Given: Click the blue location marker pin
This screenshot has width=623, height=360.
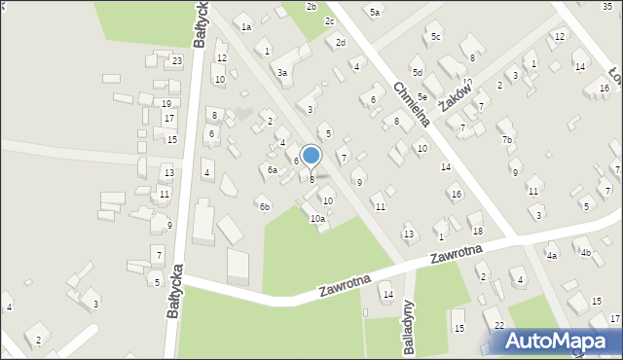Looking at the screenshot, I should click(x=311, y=157).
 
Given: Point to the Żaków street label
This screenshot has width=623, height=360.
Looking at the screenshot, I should click(x=454, y=97).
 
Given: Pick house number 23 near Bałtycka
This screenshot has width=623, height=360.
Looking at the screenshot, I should click(x=176, y=61).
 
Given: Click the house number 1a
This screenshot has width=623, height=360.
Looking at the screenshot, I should click(x=246, y=27).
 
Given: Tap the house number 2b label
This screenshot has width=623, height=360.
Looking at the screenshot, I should click(x=311, y=7).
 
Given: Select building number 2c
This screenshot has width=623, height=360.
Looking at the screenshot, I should click(x=330, y=21).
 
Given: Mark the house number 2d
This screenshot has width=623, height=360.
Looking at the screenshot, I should click(x=340, y=43).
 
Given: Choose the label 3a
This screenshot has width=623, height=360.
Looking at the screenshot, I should click(x=282, y=73).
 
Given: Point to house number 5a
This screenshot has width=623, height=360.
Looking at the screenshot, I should click(x=375, y=13).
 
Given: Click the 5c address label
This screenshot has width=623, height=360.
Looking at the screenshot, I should click(x=436, y=37).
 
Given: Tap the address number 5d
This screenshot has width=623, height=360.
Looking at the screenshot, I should click(x=417, y=73).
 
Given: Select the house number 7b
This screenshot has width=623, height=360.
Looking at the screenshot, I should click(x=506, y=140).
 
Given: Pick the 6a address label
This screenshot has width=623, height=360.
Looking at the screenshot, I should click(x=274, y=170).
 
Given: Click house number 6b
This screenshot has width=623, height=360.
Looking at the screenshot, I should click(x=264, y=206).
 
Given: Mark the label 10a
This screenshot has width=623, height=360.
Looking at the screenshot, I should click(x=317, y=219).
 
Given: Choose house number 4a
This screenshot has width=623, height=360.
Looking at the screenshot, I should click(x=552, y=256).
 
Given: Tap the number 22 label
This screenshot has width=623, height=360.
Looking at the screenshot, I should click(x=498, y=325).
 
